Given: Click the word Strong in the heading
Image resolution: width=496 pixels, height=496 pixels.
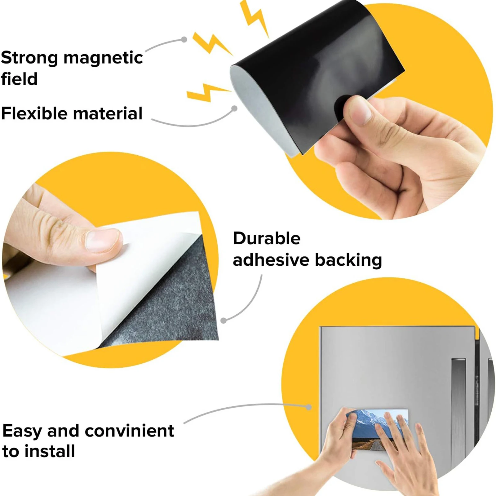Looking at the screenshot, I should click(29, 58).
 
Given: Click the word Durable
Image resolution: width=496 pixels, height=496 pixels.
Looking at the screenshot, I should click(267, 238).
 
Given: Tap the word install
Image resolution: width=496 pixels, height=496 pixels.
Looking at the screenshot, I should click(50, 451).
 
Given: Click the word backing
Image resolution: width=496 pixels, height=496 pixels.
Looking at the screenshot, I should click(348, 260).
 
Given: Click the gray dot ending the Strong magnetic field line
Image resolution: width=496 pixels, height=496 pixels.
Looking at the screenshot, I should click(184, 39).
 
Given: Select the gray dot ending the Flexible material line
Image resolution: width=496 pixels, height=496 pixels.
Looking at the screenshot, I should click(235, 108).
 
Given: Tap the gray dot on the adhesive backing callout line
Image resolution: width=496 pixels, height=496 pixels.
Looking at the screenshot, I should click(224, 321).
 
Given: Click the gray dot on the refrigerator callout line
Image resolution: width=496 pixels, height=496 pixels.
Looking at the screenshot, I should click(308, 407).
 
